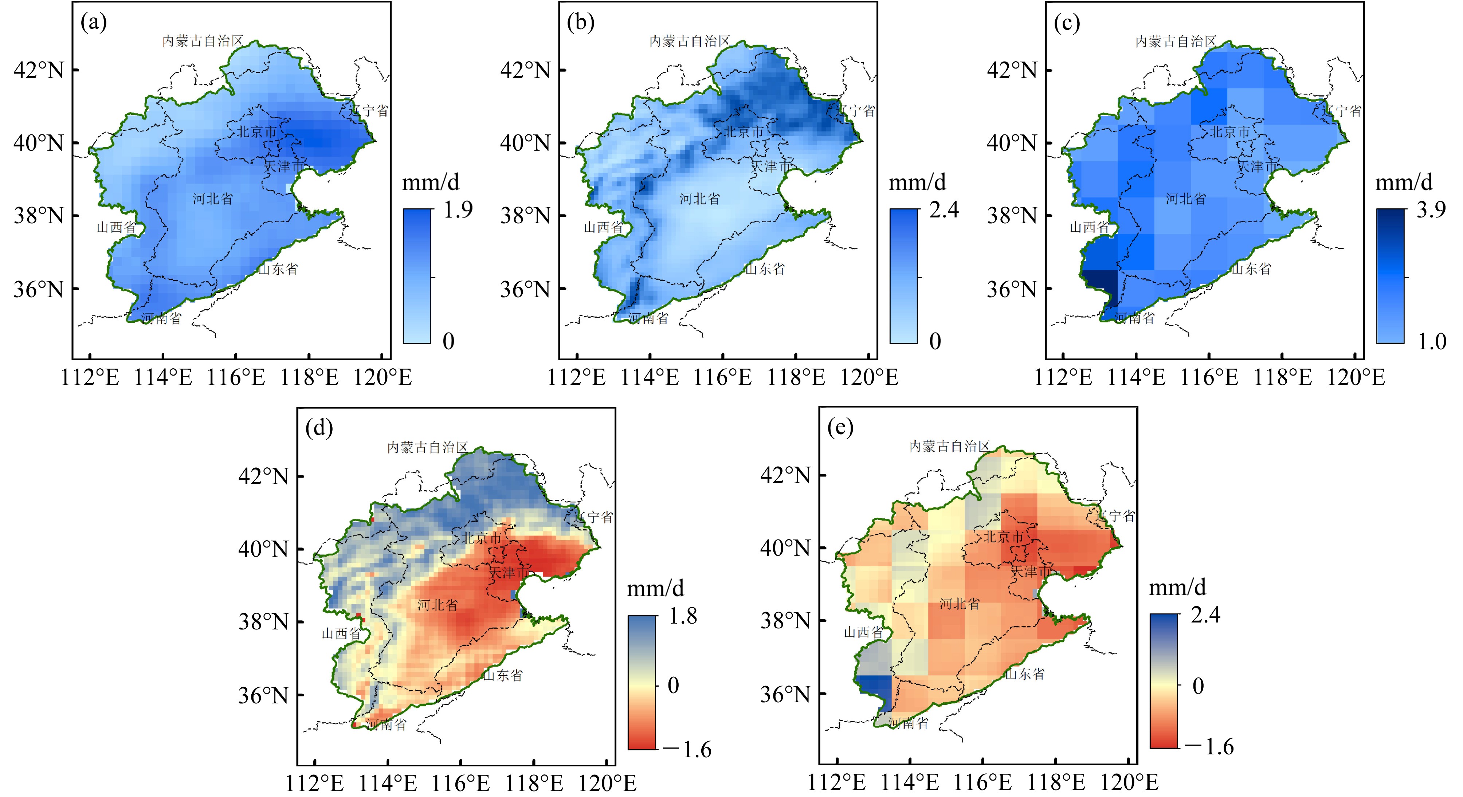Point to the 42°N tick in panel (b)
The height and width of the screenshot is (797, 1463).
coord(525,70)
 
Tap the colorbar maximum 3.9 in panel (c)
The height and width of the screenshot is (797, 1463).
coord(1431,210)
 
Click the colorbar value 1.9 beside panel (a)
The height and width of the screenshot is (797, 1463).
coord(458,210)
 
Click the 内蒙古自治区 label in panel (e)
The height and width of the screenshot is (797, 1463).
coord(950,447)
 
